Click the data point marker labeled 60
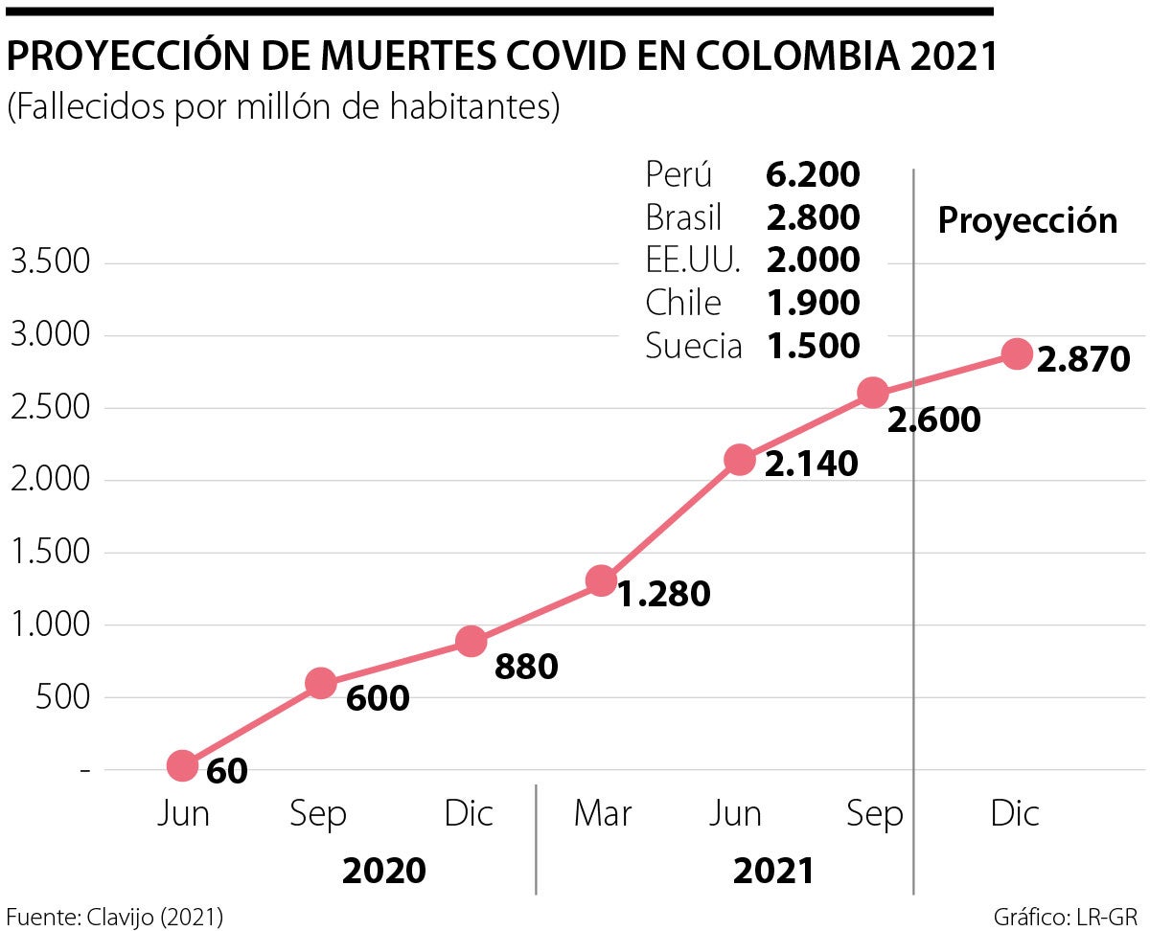(183, 765)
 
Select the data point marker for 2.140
(739, 460)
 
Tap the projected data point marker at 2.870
(1017, 353)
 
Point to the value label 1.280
(663, 594)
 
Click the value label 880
(526, 667)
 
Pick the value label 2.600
(934, 420)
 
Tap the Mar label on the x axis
(603, 814)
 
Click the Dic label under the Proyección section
(1015, 814)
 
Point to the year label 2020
(383, 871)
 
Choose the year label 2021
(773, 871)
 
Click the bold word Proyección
(1027, 220)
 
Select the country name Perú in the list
(679, 175)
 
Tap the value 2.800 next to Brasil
(813, 218)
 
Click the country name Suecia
(694, 346)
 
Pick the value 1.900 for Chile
(813, 303)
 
